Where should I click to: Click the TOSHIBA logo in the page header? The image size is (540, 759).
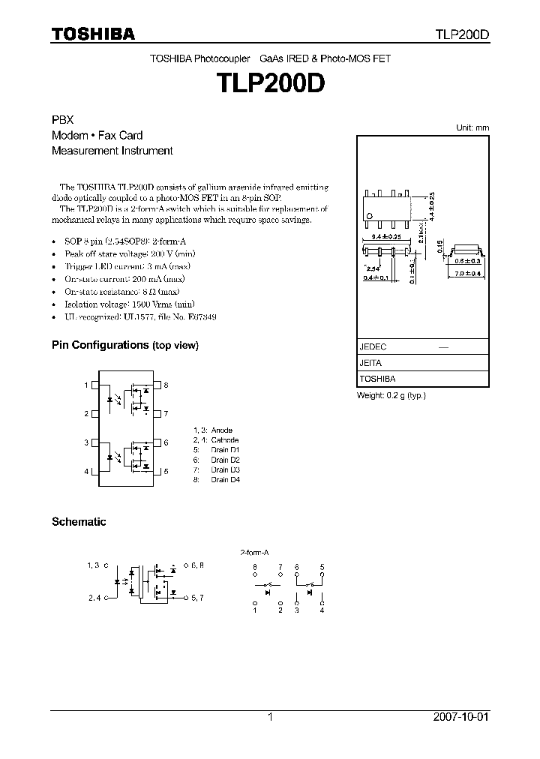93,34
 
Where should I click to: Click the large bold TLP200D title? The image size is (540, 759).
269,83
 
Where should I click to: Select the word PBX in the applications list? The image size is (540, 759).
61,120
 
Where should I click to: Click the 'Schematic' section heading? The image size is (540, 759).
79,521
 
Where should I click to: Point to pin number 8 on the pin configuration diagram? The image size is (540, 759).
166,385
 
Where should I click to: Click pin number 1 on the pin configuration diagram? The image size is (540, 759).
86,385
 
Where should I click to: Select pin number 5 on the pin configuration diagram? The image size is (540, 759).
166,471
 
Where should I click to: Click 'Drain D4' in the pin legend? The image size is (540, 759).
224,478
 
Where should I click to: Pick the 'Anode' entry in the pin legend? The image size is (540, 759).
222,430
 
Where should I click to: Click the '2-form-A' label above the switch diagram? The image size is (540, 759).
253,551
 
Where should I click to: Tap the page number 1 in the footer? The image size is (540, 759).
270,717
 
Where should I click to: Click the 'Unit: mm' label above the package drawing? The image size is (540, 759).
472,127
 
